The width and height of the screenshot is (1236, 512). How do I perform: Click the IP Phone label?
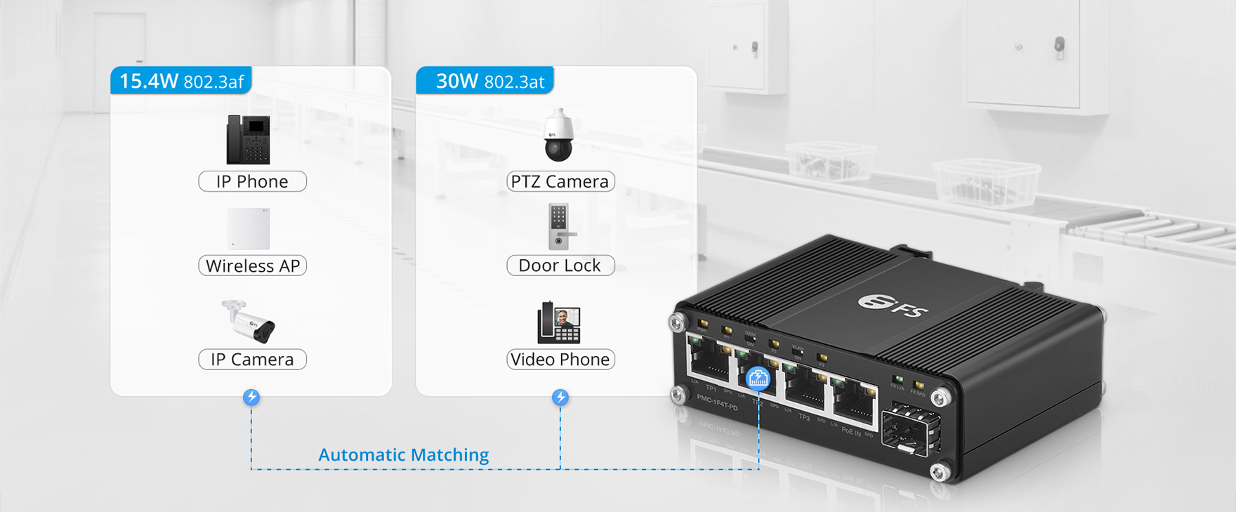click(252, 181)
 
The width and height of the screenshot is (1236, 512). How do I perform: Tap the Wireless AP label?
click(252, 265)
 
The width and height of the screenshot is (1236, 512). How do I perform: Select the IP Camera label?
click(252, 359)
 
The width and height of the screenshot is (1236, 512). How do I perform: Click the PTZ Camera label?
click(560, 181)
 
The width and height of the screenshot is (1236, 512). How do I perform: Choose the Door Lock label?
click(560, 265)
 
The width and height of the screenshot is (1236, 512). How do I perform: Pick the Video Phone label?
click(560, 359)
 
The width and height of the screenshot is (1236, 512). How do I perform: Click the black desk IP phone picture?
click(249, 140)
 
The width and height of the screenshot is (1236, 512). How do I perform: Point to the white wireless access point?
click(249, 228)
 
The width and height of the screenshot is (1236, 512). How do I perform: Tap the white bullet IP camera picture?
click(249, 322)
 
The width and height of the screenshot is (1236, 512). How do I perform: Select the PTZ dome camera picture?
click(559, 136)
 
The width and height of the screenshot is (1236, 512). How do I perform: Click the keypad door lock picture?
click(560, 226)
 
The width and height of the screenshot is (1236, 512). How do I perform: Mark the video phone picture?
click(559, 322)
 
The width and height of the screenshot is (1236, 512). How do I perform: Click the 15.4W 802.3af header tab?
click(181, 81)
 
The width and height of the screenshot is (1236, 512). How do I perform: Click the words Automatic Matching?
click(403, 454)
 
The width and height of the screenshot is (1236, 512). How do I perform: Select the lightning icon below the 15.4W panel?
click(251, 398)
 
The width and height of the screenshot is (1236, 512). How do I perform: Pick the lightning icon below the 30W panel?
click(560, 398)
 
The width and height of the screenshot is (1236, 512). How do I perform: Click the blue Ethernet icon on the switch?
click(758, 379)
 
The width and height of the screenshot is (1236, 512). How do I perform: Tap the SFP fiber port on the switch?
click(910, 429)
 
